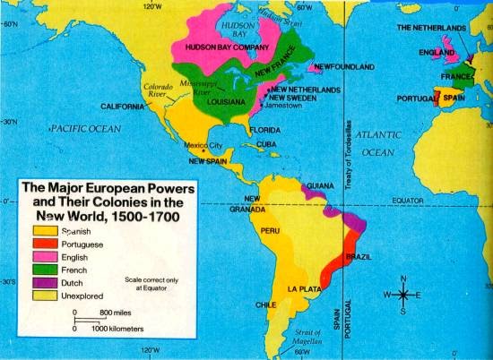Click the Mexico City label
(x=202, y=145)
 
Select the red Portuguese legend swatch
(x=46, y=242)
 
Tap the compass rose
(x=403, y=294)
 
